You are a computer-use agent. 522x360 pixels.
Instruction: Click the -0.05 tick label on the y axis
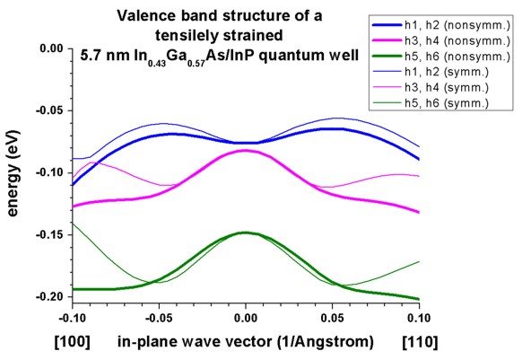pyautogui.click(x=49, y=110)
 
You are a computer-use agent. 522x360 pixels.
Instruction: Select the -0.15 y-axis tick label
pyautogui.click(x=49, y=234)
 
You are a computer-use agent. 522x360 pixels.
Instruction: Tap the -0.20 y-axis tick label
pyautogui.click(x=49, y=296)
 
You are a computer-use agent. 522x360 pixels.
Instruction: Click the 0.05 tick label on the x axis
pyautogui.click(x=332, y=318)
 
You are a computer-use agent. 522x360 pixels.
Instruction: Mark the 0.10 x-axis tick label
pyautogui.click(x=419, y=318)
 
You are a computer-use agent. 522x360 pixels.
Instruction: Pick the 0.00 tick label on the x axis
pyautogui.click(x=246, y=318)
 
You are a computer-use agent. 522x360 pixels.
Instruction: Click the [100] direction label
pyautogui.click(x=73, y=342)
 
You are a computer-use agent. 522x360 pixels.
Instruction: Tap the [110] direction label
pyautogui.click(x=420, y=342)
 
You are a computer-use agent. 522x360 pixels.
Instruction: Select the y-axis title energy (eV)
pyautogui.click(x=13, y=173)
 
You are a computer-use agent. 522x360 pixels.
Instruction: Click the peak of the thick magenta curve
pyautogui.click(x=246, y=150)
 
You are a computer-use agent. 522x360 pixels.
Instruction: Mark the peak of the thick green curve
pyautogui.click(x=246, y=233)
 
